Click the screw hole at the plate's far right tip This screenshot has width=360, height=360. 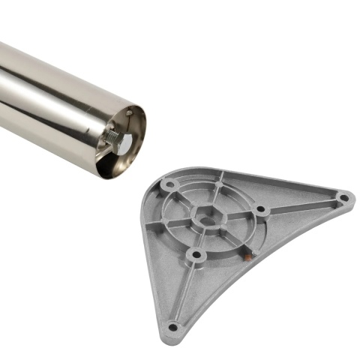tap(343, 198)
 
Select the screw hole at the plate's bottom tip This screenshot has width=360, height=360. tap(173, 327)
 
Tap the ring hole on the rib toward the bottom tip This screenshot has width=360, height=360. tap(196, 256)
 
